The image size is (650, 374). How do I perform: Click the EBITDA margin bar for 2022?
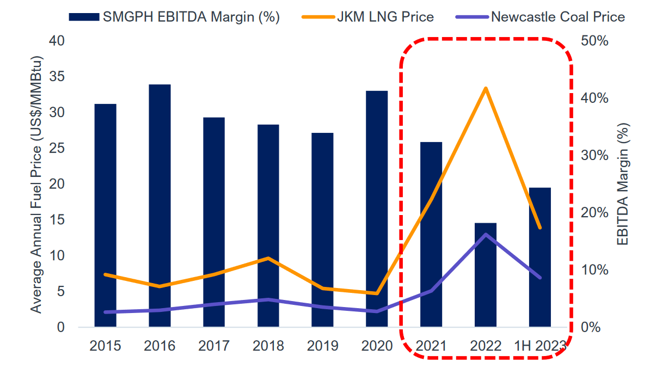486,275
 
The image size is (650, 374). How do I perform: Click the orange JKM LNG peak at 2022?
486,88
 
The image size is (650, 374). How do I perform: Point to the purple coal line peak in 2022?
486,235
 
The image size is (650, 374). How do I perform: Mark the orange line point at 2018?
268,258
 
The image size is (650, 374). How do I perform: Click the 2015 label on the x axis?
106,346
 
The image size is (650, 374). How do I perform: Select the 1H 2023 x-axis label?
540,346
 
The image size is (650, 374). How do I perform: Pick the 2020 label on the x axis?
377,346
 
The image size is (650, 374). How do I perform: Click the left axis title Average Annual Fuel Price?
36,184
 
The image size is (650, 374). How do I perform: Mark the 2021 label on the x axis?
431,346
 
